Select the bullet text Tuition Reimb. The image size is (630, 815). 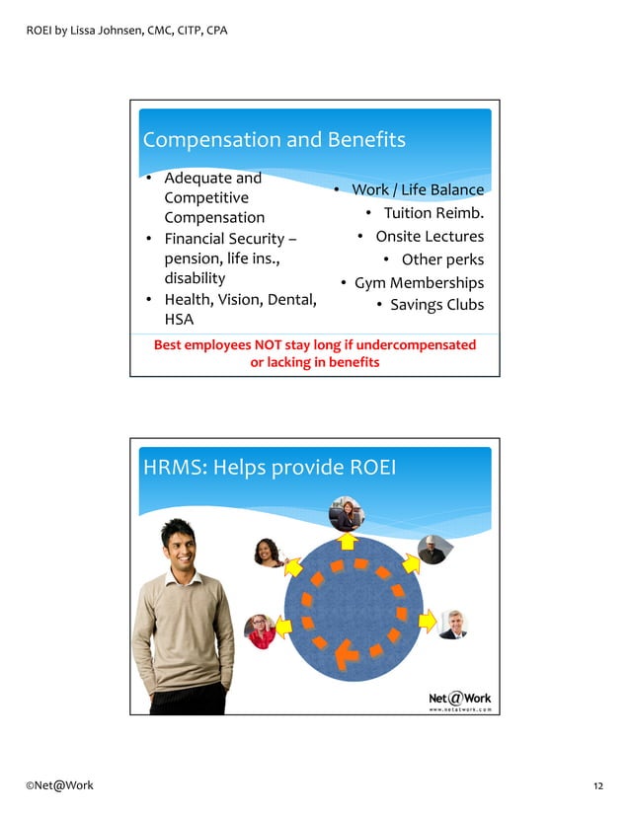coord(433,213)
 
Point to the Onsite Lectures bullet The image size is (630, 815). coord(430,237)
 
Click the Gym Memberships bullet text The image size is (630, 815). coord(419,283)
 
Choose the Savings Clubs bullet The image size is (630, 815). coord(436,305)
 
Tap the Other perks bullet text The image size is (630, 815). coord(442,260)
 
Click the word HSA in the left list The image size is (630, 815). coord(179,320)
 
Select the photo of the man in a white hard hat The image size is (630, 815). coord(432,550)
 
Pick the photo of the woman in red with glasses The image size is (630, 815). coord(261,630)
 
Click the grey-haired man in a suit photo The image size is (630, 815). coord(453,624)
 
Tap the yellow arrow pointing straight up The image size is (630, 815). coord(347,540)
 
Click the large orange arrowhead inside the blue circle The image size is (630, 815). coord(346,653)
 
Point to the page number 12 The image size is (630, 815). coord(598,785)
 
